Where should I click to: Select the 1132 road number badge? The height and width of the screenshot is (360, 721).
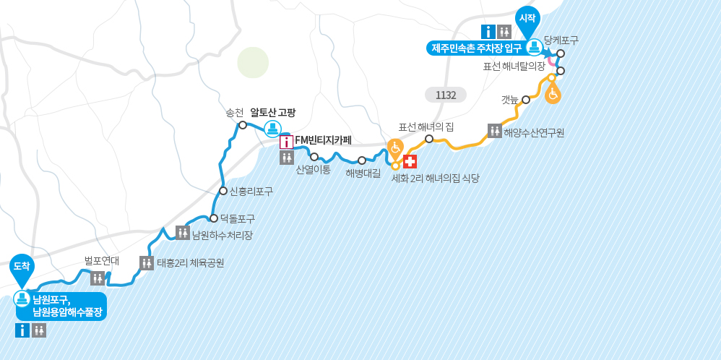[446, 95]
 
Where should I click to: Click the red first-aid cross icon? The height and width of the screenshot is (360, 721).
[410, 161]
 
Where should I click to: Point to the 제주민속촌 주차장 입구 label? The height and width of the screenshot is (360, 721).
[476, 48]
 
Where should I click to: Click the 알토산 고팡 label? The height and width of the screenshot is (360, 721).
[272, 113]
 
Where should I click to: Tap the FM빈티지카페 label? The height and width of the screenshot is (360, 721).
[323, 140]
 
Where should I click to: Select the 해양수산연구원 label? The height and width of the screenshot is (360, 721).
[534, 132]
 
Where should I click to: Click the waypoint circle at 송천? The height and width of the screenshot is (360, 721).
[243, 125]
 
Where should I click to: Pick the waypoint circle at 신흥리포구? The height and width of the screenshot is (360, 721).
[223, 191]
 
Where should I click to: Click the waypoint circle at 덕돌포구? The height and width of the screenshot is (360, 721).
[214, 218]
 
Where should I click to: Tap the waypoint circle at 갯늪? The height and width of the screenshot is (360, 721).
[526, 100]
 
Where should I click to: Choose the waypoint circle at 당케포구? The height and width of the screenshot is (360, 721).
[561, 53]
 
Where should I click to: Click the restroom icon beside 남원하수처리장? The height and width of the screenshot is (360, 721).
[182, 232]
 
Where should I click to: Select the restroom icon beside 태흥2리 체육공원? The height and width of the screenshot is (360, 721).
[147, 262]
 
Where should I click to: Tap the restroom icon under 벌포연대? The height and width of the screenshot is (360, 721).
[98, 278]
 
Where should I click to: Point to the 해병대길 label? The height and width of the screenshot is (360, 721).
[363, 173]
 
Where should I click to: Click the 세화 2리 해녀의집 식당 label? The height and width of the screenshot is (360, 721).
[435, 178]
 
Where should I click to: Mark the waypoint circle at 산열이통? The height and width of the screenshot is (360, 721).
[314, 157]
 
